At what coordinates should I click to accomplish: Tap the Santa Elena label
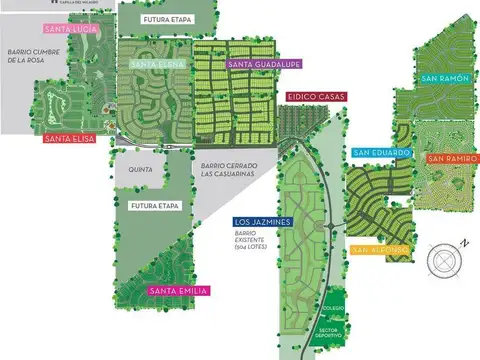click(x=151, y=65)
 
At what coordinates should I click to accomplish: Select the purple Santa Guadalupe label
click(x=265, y=65)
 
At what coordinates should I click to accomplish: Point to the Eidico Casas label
click(x=315, y=97)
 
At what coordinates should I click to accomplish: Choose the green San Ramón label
click(x=443, y=78)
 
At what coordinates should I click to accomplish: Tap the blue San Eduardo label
click(x=381, y=153)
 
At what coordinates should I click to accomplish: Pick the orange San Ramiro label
click(x=452, y=158)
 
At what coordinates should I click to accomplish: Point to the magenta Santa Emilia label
click(x=178, y=291)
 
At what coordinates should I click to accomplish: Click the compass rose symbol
click(x=446, y=259)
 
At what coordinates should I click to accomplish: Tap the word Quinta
click(x=140, y=170)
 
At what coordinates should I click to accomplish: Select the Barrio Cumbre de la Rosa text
click(x=28, y=54)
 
